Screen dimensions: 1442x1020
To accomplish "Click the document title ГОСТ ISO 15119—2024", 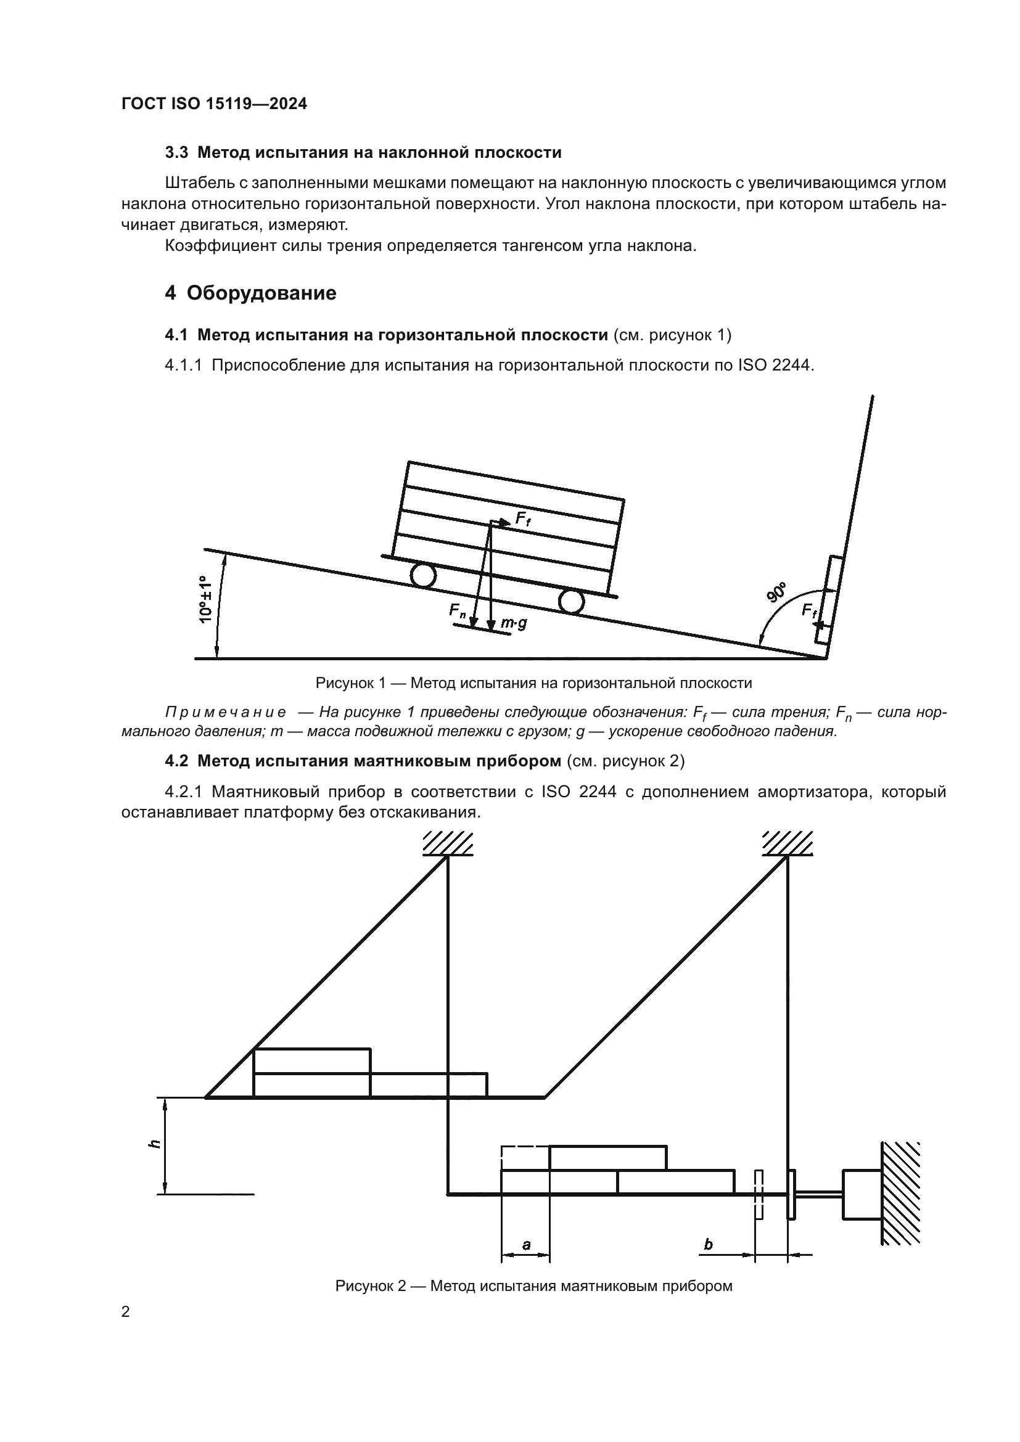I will point(214,104).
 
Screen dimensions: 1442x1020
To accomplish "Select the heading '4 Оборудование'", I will point(250,293).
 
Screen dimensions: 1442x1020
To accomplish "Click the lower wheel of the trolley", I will point(571,602).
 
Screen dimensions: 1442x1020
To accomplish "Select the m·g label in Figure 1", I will point(513,624).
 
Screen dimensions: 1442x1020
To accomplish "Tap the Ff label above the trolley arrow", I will point(522,518).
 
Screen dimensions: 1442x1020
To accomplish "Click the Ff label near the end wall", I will point(809,610).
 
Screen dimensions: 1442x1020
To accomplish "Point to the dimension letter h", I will point(155,1144).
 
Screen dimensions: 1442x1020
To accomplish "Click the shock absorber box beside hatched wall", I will point(861,1194).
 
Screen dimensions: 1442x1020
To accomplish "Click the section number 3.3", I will point(176,153).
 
